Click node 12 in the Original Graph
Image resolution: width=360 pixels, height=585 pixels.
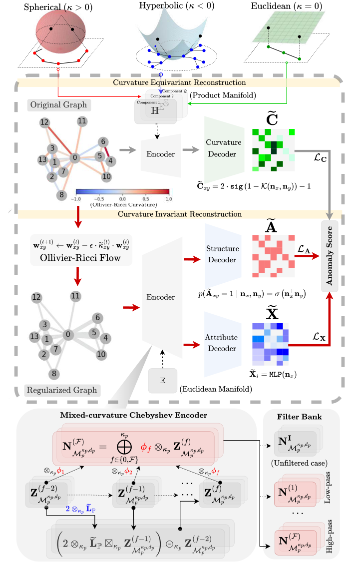tap(44, 122)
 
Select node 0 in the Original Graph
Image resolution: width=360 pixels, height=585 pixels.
tap(75, 157)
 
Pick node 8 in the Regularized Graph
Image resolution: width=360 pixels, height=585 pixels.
tap(53, 373)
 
